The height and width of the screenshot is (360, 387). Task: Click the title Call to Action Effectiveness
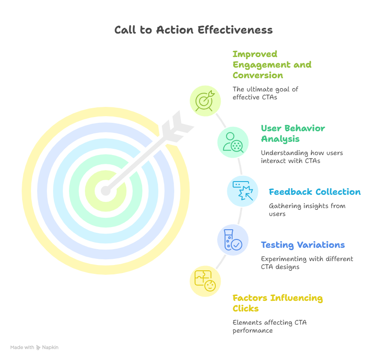coord(193,30)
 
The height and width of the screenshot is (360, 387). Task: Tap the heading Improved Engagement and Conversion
coord(272,64)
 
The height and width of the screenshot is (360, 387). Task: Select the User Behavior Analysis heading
coord(293,133)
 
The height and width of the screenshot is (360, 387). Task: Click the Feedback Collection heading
coord(314,192)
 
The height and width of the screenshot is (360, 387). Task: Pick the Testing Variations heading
coord(303,245)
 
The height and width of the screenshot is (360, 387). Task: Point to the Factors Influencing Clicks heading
coord(277,303)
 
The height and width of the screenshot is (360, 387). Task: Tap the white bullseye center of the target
coord(105,191)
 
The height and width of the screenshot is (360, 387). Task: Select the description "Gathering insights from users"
coord(307,210)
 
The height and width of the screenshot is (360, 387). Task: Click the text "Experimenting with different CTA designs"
coord(307,263)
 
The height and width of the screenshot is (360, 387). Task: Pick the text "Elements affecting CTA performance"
coord(269,326)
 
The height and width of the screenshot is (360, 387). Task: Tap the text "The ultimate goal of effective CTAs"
coord(265,93)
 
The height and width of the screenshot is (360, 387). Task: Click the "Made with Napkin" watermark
coord(34,348)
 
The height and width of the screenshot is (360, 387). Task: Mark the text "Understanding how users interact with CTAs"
coord(302,157)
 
